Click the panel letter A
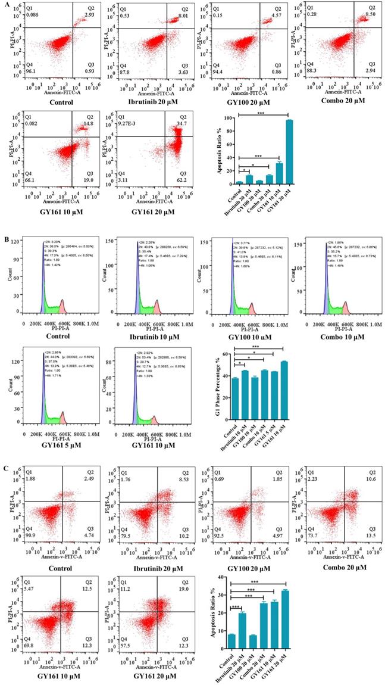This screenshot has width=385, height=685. point(4,4)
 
